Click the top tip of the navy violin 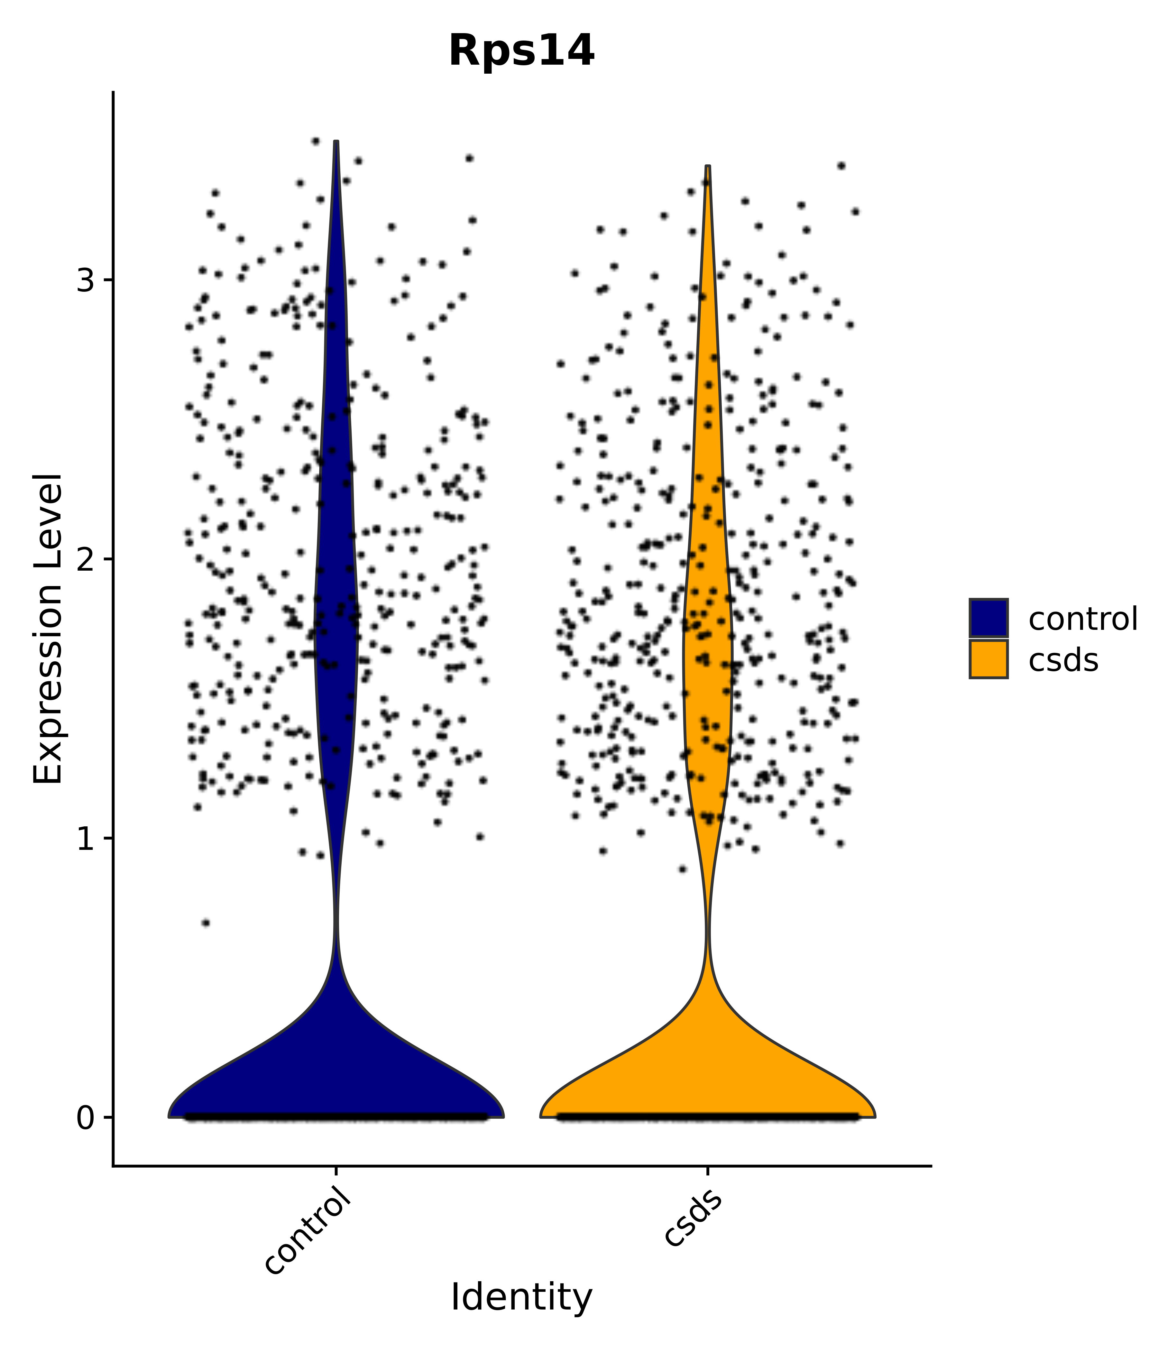tap(336, 142)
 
